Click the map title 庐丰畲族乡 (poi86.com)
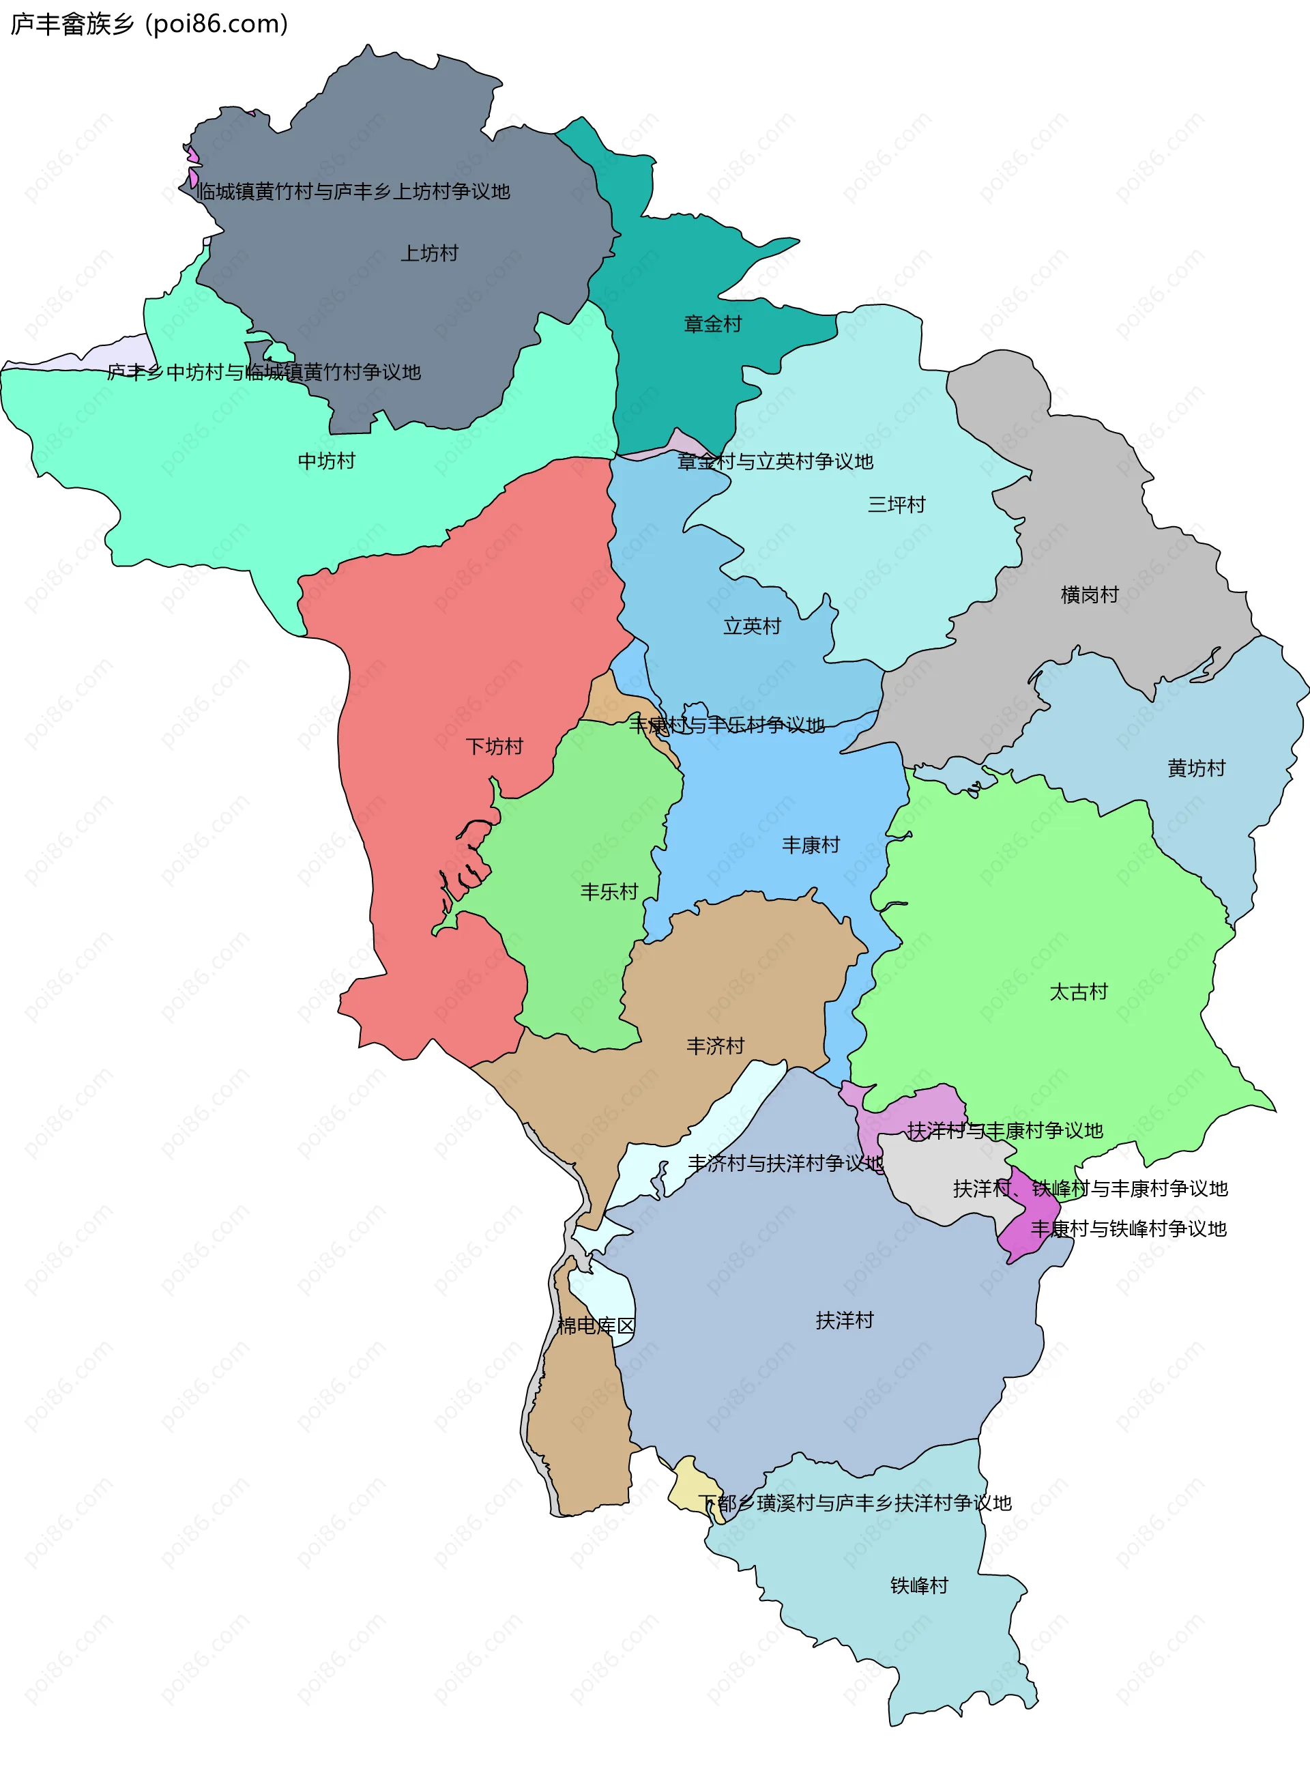pyautogui.click(x=149, y=25)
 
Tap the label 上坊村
pyautogui.click(x=429, y=254)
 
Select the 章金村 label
pyautogui.click(x=712, y=324)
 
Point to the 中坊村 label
pyautogui.click(x=326, y=461)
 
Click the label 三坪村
pyautogui.click(x=896, y=505)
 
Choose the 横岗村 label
pyautogui.click(x=1090, y=595)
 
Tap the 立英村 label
pyautogui.click(x=752, y=627)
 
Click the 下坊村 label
pyautogui.click(x=494, y=747)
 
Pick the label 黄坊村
pyautogui.click(x=1196, y=768)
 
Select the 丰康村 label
pyautogui.click(x=811, y=846)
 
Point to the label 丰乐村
pyautogui.click(x=609, y=892)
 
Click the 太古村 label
pyautogui.click(x=1079, y=992)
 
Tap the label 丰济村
pyautogui.click(x=715, y=1047)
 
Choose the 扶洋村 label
pyautogui.click(x=845, y=1321)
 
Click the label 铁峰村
pyautogui.click(x=919, y=1586)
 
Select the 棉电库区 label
pyautogui.click(x=596, y=1326)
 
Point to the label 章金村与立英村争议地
pyautogui.click(x=774, y=463)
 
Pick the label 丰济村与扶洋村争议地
pyautogui.click(x=785, y=1164)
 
